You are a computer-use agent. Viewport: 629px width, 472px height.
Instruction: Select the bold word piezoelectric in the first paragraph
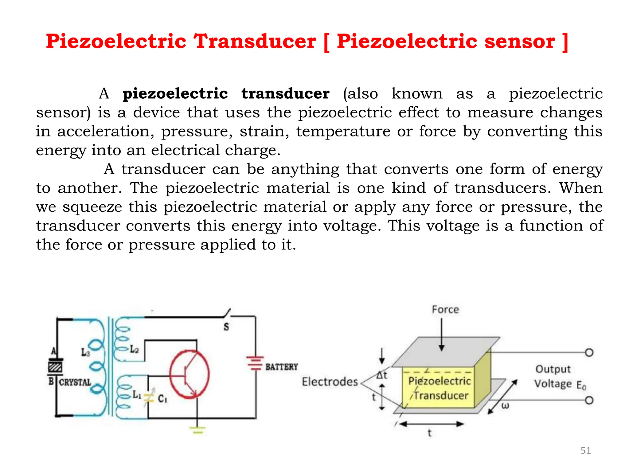pyautogui.click(x=175, y=94)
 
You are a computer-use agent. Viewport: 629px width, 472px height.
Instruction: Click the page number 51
pyautogui.click(x=585, y=450)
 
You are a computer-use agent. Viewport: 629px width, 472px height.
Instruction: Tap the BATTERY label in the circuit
pyautogui.click(x=282, y=367)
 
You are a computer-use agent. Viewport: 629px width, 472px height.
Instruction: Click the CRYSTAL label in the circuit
pyautogui.click(x=75, y=383)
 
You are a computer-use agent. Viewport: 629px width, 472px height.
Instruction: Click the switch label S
pyautogui.click(x=226, y=327)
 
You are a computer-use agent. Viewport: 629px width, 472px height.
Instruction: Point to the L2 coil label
pyautogui.click(x=134, y=349)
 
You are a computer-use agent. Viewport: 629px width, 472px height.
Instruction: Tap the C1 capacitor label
pyautogui.click(x=162, y=399)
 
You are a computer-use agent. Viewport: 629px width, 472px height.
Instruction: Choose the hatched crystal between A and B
pyautogui.click(x=55, y=367)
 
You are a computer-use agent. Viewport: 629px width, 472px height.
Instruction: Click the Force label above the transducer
pyautogui.click(x=445, y=309)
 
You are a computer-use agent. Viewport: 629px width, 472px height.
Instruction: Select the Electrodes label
pyautogui.click(x=330, y=382)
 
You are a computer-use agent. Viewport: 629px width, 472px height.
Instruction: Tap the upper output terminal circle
pyautogui.click(x=589, y=352)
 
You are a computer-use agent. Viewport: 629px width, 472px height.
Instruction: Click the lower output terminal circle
pyautogui.click(x=589, y=400)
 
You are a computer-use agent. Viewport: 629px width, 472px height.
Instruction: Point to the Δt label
pyautogui.click(x=382, y=375)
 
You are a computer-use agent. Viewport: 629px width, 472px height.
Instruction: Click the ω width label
pyautogui.click(x=505, y=406)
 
